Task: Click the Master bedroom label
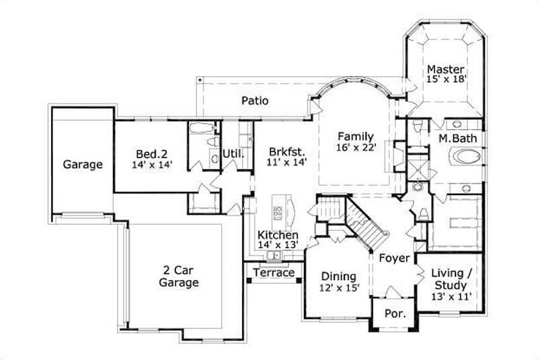coord(446,69)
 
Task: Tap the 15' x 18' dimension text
coord(446,79)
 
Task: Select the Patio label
coord(255,102)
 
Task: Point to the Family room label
coord(355,133)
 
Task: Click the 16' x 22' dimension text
coord(355,145)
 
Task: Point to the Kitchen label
coord(278,235)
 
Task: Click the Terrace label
coord(274,273)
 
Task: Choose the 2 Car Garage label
coord(178,277)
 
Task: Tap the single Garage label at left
coord(83,164)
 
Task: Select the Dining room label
coord(338,276)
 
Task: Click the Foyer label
coord(393,258)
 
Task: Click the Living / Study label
coord(451,277)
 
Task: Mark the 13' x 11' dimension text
coord(451,295)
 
